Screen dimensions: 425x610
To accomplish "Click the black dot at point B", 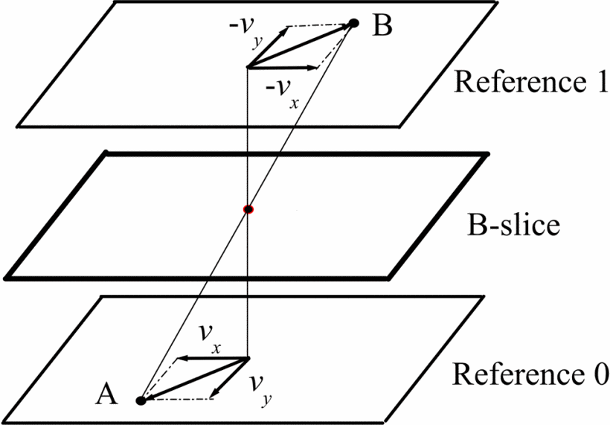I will pyautogui.click(x=354, y=24).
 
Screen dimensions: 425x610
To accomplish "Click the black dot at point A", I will pyautogui.click(x=141, y=401).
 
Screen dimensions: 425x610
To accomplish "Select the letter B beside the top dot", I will pyautogui.click(x=382, y=25).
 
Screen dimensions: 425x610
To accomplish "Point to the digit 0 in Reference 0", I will pyautogui.click(x=599, y=370).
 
